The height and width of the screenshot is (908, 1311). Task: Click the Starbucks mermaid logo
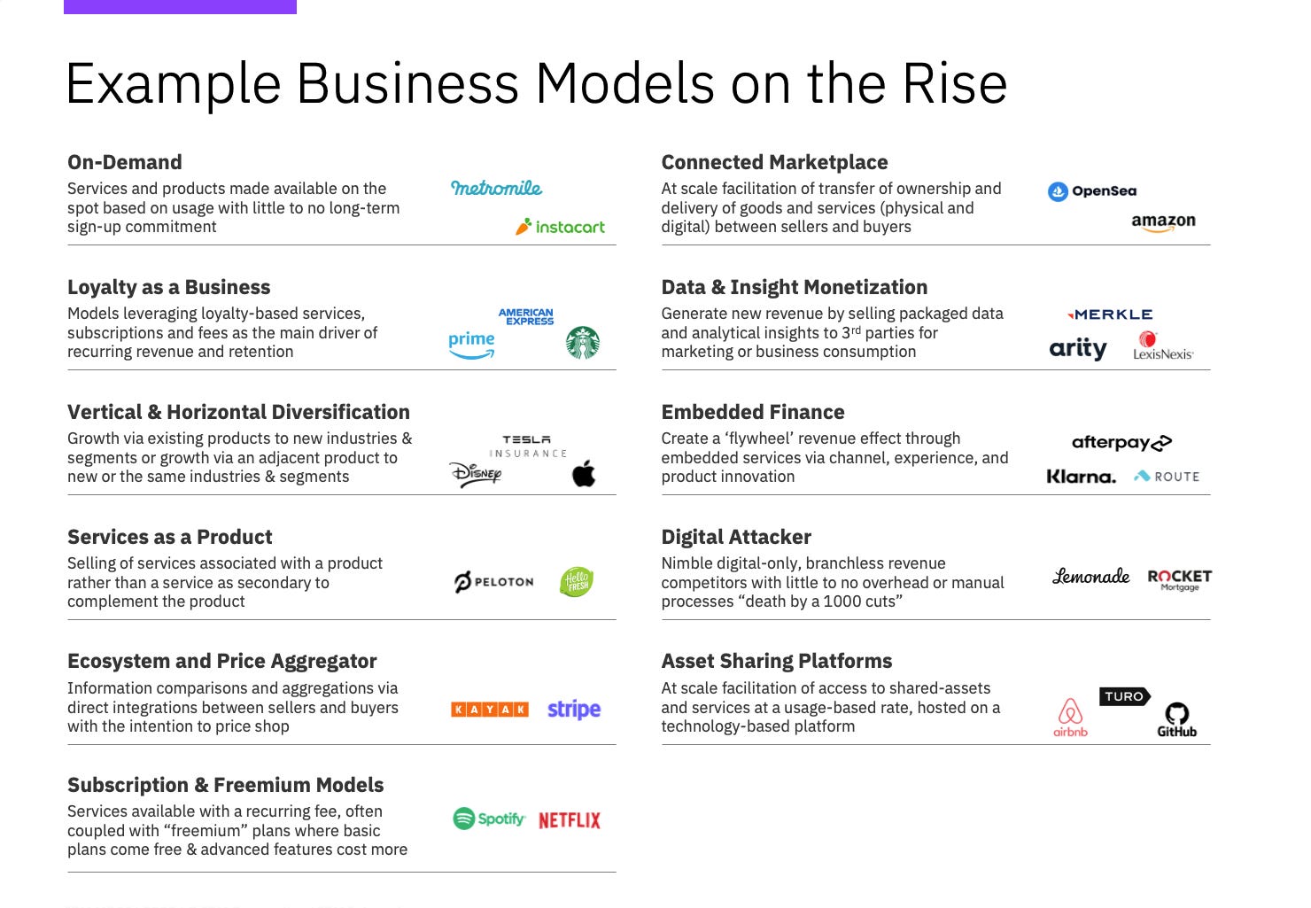click(583, 343)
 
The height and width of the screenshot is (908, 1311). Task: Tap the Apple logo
click(584, 474)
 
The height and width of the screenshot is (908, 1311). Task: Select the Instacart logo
click(560, 227)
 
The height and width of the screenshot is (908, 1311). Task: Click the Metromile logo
click(496, 188)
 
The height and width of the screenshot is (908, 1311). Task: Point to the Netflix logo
click(569, 820)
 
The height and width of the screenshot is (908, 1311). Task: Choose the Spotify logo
click(489, 819)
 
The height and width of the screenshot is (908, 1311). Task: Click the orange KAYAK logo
click(490, 710)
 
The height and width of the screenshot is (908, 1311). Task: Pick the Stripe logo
click(574, 710)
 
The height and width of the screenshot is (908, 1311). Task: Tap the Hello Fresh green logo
click(577, 582)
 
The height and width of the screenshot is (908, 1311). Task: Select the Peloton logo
click(494, 582)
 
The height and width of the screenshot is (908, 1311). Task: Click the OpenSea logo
click(1092, 191)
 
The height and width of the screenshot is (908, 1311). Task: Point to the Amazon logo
click(1163, 222)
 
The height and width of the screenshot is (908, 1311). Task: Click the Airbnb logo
click(1070, 717)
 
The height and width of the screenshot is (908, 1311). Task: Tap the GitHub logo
click(1176, 719)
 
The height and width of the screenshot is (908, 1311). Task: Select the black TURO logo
click(1124, 696)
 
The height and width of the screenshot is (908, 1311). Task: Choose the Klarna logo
click(1081, 477)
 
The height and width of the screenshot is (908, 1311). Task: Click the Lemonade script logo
click(1090, 577)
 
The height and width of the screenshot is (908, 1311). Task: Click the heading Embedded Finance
click(753, 412)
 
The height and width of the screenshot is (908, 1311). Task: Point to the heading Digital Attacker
click(736, 537)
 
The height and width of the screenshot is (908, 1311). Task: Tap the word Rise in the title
click(954, 84)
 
